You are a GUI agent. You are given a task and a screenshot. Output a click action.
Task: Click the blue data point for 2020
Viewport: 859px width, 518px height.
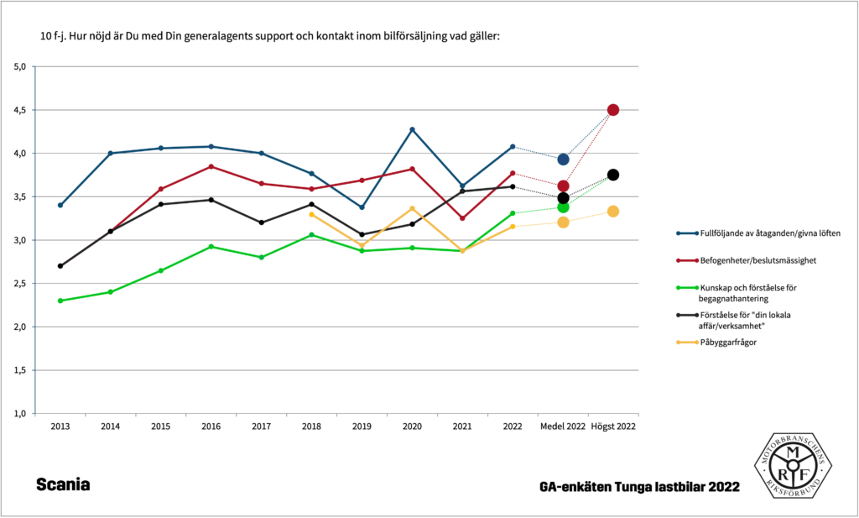click(x=412, y=129)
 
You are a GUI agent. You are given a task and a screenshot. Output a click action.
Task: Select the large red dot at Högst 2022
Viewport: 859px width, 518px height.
click(x=613, y=110)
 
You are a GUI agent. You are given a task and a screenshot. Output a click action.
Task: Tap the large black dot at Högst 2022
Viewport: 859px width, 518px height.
click(x=613, y=175)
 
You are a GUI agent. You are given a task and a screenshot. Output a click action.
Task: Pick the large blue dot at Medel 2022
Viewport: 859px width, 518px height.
click(x=563, y=159)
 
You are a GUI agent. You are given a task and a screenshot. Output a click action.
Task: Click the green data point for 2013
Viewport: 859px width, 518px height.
click(x=60, y=301)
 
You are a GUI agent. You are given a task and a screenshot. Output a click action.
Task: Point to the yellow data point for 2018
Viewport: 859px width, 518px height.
click(x=311, y=215)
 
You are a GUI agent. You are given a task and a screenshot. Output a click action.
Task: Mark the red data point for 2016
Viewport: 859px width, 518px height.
click(x=211, y=166)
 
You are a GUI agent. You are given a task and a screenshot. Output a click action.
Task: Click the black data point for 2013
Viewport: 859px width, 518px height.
click(x=60, y=265)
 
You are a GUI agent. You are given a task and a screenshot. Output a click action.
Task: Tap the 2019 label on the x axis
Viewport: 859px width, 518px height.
click(x=362, y=427)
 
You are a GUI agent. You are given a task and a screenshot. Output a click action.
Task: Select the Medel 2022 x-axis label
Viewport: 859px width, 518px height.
click(x=563, y=427)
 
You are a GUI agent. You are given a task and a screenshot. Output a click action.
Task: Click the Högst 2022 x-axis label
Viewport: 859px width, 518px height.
click(x=613, y=427)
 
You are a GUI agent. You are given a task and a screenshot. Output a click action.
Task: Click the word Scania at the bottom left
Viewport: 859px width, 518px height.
click(x=63, y=485)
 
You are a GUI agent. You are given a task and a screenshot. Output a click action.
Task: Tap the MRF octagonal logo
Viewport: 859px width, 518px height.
click(x=791, y=467)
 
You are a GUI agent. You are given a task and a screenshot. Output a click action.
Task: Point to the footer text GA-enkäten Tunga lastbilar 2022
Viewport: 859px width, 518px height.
click(x=639, y=487)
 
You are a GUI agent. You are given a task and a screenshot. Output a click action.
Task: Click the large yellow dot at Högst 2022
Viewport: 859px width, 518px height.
click(x=613, y=212)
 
